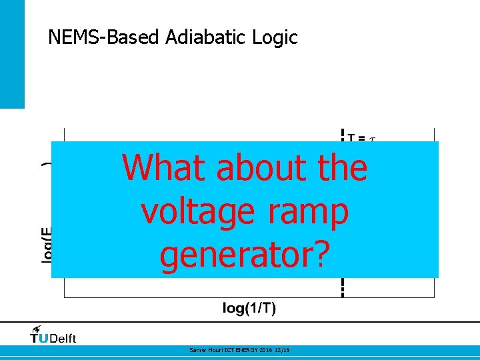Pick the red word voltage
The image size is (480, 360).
[x=198, y=212]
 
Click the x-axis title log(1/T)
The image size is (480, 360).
[x=249, y=308]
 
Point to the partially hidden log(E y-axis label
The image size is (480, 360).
[x=47, y=244]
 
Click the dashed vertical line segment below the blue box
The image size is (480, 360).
[x=343, y=287]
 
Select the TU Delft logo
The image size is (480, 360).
[x=53, y=337]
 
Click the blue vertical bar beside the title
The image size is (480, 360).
[x=12, y=53]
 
